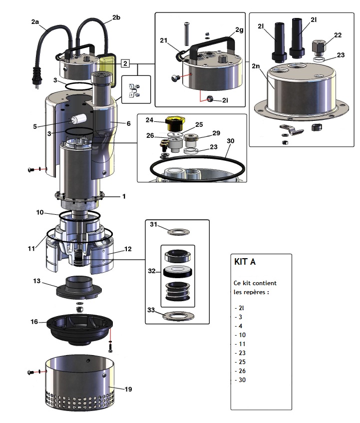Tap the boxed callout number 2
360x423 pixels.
[125, 63]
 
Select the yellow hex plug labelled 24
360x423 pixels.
[175, 122]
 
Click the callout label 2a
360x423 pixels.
[35, 22]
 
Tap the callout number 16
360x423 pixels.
[34, 322]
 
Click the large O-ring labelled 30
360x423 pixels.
[200, 170]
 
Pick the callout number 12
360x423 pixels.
[128, 248]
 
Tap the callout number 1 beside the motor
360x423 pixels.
[123, 196]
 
